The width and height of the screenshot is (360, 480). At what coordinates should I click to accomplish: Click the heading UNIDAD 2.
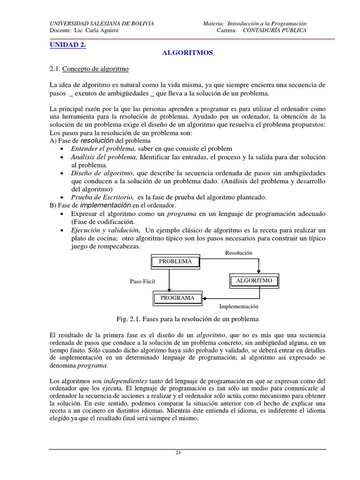(x=68, y=45)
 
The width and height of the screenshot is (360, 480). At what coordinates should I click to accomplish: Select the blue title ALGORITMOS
(x=187, y=53)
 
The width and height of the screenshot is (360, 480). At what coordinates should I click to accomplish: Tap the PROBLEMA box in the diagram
(x=175, y=262)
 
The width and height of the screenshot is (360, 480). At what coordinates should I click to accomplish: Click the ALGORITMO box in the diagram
(x=254, y=281)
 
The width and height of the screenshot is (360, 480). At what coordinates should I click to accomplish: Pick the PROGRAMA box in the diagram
(x=177, y=298)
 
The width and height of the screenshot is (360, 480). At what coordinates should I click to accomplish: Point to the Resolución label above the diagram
(x=239, y=253)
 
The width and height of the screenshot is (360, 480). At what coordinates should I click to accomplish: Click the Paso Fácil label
(x=142, y=281)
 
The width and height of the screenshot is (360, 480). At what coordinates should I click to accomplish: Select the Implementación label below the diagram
(x=239, y=307)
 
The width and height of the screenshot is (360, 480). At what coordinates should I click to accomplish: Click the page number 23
(x=178, y=453)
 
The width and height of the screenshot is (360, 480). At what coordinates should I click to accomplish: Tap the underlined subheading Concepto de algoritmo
(x=96, y=68)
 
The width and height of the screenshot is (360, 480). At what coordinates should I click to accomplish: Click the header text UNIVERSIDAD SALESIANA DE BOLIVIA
(x=102, y=23)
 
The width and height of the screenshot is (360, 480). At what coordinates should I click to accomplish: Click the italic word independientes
(x=125, y=381)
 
